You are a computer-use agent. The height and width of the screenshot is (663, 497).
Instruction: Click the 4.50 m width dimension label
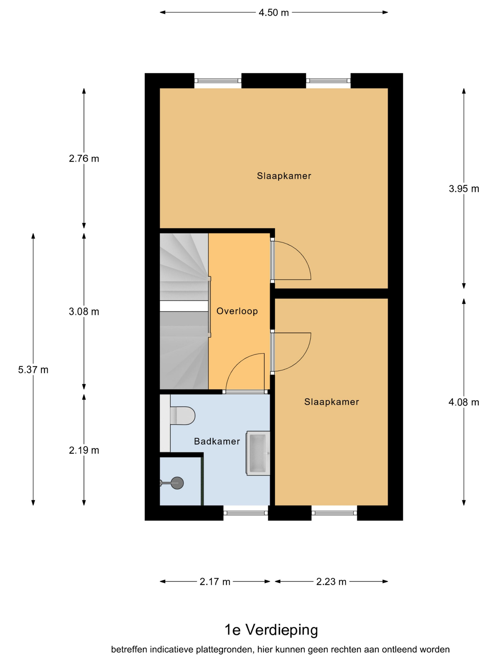click(x=274, y=13)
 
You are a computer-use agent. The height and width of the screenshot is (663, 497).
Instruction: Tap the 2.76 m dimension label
click(x=84, y=159)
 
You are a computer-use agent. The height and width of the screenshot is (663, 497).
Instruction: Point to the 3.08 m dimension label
click(x=84, y=312)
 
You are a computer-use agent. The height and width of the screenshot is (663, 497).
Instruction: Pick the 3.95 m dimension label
click(x=464, y=189)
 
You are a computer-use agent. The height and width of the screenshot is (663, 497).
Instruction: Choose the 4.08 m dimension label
click(x=464, y=402)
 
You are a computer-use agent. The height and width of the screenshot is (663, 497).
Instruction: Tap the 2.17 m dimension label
click(x=215, y=582)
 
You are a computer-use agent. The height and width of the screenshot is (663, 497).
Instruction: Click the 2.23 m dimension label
click(x=331, y=582)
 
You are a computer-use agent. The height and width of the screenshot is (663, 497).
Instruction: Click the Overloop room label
click(x=237, y=311)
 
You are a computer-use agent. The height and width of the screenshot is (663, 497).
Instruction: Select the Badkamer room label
click(x=217, y=441)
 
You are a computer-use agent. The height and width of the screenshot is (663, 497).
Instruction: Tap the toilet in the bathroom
click(x=182, y=415)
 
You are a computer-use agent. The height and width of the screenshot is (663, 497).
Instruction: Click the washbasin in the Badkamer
click(x=258, y=453)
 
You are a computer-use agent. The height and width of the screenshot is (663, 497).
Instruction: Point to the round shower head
click(x=177, y=483)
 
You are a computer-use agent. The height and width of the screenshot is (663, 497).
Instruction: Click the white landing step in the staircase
click(x=184, y=306)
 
